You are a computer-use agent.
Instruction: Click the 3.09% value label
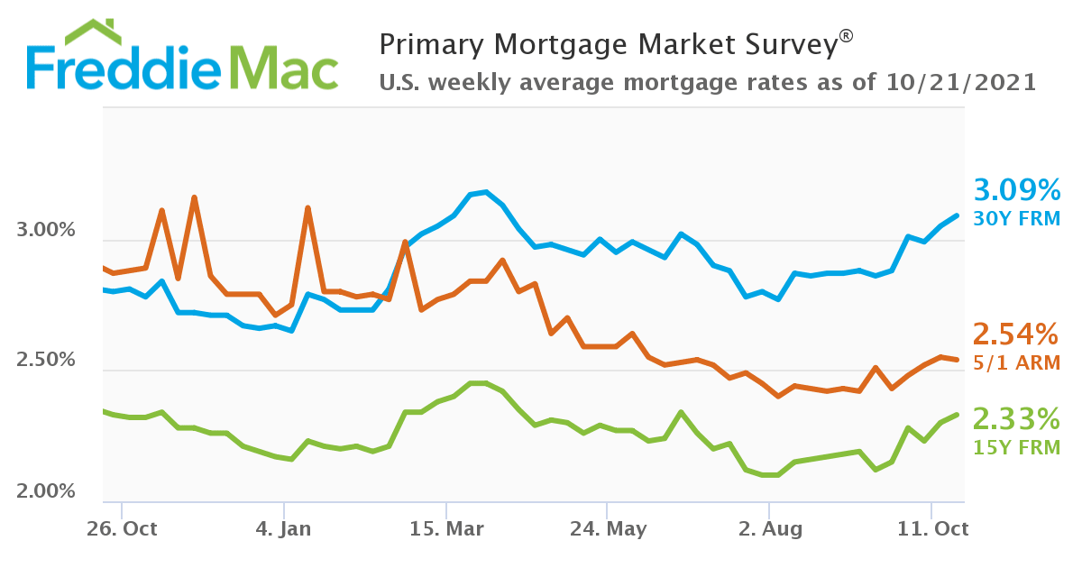(x=1016, y=190)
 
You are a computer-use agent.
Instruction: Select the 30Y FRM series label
(x=1016, y=218)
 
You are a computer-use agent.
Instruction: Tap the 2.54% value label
(x=1015, y=334)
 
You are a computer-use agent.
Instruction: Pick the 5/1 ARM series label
(x=1015, y=362)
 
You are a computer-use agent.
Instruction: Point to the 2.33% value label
(x=1015, y=419)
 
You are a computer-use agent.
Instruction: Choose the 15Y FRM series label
(x=1015, y=447)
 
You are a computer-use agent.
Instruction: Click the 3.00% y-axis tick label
(x=46, y=231)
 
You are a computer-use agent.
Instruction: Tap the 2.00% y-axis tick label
(x=46, y=492)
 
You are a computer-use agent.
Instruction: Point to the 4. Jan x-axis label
(x=283, y=528)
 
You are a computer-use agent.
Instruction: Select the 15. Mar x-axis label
(x=445, y=528)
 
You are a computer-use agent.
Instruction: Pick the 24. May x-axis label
(x=608, y=528)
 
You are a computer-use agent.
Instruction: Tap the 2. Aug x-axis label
(x=768, y=528)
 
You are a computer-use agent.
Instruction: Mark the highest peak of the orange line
(x=194, y=197)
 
